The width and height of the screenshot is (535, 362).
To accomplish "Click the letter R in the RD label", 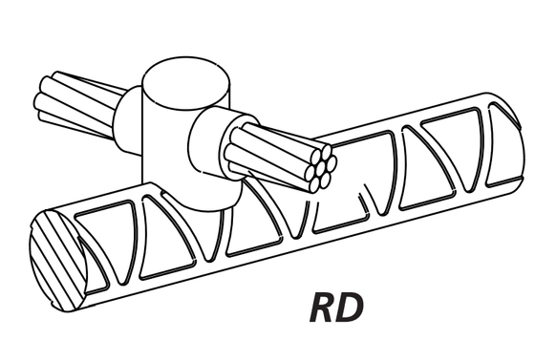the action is click(x=323, y=308).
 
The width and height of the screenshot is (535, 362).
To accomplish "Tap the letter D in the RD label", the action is click(x=350, y=308).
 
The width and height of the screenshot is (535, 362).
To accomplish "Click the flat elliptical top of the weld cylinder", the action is click(x=185, y=84).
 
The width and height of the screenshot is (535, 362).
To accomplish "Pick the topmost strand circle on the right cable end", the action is click(x=326, y=151).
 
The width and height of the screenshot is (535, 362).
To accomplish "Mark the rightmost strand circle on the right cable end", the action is click(x=331, y=162).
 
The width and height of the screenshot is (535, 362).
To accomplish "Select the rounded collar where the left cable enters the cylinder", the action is click(x=128, y=120).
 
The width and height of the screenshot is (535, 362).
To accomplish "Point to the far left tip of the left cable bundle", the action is click(x=35, y=99).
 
